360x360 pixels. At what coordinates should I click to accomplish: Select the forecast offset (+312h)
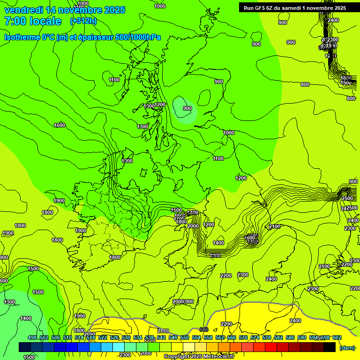pyautogui.click(x=83, y=21)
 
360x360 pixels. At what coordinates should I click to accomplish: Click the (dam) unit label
pyautogui.click(x=347, y=348)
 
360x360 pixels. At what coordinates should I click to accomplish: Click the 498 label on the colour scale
pyautogui.click(x=32, y=338)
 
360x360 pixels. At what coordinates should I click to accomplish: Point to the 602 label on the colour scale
pyautogui.click(x=337, y=338)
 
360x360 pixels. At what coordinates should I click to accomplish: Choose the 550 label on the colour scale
pyautogui.click(x=185, y=338)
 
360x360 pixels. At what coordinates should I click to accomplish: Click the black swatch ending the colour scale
pyautogui.click(x=330, y=347)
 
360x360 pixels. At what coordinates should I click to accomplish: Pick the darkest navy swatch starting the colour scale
pyautogui.click(x=25, y=347)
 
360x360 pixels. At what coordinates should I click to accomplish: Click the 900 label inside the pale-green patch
pyautogui.click(x=187, y=108)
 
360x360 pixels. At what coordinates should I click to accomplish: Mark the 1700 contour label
pyautogui.click(x=179, y=219)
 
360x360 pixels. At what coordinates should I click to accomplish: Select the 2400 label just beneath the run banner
pyautogui.click(x=333, y=20)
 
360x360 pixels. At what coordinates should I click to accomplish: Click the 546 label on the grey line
pyautogui.click(x=203, y=330)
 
